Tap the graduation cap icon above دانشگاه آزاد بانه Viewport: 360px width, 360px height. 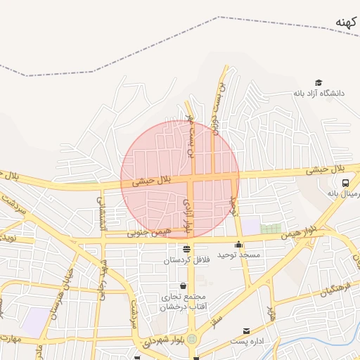tap(319, 83)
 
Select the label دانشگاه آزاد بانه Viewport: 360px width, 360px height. tap(328, 94)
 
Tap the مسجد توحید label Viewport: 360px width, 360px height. tap(238, 255)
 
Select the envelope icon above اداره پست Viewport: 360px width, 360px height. tap(245, 331)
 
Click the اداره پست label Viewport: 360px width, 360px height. tap(247, 341)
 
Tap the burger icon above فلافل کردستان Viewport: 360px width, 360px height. tap(186, 249)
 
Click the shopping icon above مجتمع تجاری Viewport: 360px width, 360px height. tap(184, 286)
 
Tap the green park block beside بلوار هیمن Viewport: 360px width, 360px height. tap(271, 229)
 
